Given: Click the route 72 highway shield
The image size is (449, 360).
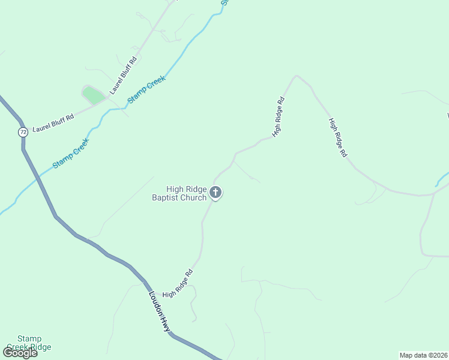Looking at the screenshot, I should click(x=23, y=131).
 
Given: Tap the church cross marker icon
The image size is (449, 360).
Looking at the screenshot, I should click(x=215, y=193).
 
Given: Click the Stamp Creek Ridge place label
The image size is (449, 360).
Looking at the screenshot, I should click(x=29, y=343).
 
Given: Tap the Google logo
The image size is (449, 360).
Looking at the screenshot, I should click(x=20, y=353).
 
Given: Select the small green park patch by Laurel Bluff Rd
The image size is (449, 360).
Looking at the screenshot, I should click(x=92, y=95).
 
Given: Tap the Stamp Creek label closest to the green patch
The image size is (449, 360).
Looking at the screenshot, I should click(x=146, y=89).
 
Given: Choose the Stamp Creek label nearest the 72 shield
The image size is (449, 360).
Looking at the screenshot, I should click(x=70, y=153).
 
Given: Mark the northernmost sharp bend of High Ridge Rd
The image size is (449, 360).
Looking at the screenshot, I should click(x=295, y=76).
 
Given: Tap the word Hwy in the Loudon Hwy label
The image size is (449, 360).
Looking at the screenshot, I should click(x=166, y=322).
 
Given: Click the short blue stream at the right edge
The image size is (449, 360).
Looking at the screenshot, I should click(x=441, y=178).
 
